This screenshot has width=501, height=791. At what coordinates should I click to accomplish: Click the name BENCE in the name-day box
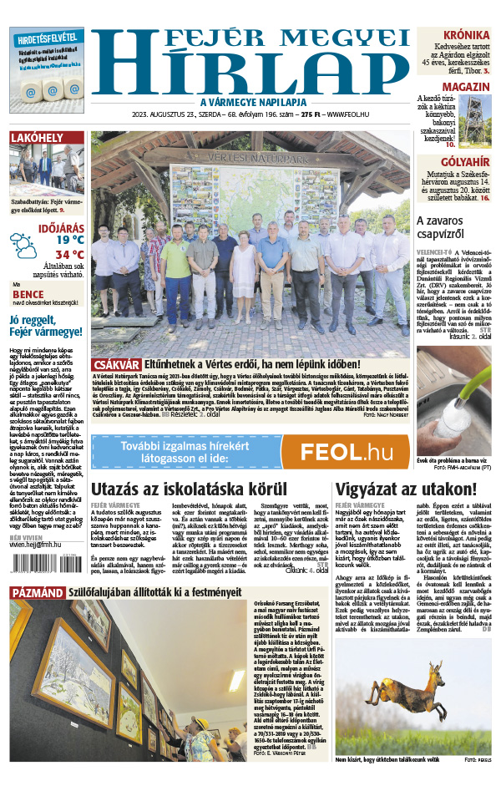tap(28, 296)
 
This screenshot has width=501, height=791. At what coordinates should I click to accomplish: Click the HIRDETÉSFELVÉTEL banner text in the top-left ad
tap(47, 38)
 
